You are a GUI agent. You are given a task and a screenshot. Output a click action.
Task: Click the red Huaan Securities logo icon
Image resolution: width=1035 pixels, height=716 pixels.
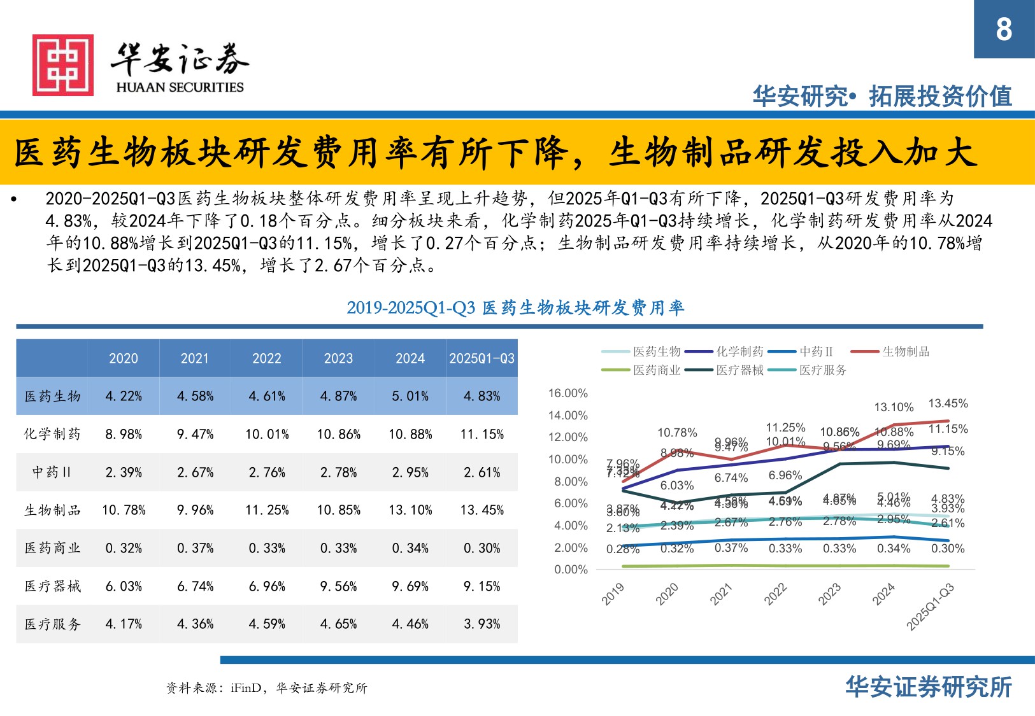point(63,65)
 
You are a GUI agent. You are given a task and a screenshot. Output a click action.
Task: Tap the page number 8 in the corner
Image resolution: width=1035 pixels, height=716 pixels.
point(1003,29)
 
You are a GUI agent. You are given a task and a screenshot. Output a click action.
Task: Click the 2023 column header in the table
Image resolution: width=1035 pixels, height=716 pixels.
point(338,358)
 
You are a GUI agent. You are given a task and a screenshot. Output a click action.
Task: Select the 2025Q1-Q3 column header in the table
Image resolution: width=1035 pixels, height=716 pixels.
point(482,358)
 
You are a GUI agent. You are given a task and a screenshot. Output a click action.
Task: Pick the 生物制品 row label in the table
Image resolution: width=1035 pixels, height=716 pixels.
point(52,510)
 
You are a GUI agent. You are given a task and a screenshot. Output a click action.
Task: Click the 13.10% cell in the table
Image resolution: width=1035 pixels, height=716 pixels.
point(410,510)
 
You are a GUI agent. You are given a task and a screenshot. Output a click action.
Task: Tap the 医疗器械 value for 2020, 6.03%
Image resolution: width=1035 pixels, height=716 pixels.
point(124,586)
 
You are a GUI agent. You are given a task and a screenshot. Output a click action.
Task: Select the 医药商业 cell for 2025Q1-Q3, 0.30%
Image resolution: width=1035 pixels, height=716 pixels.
point(482,548)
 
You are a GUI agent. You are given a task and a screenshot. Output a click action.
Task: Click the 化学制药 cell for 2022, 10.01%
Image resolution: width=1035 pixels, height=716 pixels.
point(267,434)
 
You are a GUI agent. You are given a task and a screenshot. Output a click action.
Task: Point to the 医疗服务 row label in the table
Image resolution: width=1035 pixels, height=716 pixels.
point(52,624)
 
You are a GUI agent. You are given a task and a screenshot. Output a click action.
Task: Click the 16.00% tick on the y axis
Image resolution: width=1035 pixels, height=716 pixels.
point(567,393)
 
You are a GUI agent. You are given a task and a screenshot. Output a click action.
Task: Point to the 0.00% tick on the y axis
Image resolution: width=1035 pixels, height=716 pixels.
point(571,570)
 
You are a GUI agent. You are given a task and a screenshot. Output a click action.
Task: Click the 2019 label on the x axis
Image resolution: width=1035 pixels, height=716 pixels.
point(613,594)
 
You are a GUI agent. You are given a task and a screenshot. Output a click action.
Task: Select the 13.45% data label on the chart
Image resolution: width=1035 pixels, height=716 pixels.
point(948,404)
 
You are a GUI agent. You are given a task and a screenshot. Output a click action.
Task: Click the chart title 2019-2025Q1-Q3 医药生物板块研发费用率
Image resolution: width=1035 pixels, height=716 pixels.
point(515,308)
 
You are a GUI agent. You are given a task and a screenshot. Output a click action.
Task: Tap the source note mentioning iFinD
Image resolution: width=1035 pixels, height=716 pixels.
point(266,688)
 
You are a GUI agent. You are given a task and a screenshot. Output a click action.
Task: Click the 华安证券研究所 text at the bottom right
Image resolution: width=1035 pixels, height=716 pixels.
point(928,687)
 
